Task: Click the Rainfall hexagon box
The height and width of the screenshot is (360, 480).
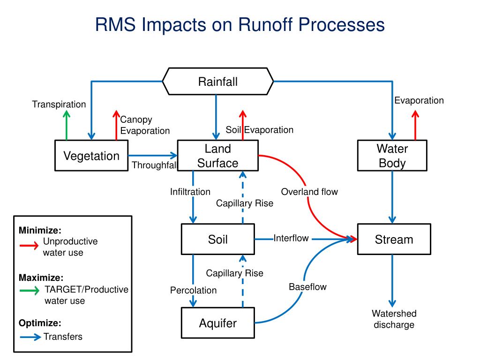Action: click(x=217, y=82)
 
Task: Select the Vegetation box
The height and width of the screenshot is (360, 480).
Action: click(x=91, y=156)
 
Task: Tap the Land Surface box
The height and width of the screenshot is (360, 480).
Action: click(x=217, y=156)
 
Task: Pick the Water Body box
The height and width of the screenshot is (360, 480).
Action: click(x=392, y=156)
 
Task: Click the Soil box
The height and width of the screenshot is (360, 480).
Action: click(x=217, y=239)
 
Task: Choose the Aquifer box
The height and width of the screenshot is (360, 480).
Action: click(x=217, y=322)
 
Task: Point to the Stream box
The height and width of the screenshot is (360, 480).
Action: click(x=394, y=239)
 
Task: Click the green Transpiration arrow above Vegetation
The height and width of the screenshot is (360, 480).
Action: click(x=67, y=125)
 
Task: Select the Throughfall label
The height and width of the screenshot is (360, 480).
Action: click(x=154, y=165)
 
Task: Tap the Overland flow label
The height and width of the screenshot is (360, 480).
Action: click(x=309, y=192)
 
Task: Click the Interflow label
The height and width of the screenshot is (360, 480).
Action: click(x=291, y=238)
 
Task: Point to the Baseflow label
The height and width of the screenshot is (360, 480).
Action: click(x=307, y=286)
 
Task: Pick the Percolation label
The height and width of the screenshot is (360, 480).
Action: click(x=193, y=290)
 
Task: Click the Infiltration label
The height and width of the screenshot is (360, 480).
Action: click(x=190, y=192)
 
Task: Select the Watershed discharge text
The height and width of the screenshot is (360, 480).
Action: click(x=394, y=319)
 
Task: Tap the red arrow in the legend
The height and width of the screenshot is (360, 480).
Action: click(x=29, y=245)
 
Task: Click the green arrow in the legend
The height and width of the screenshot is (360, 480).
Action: click(x=30, y=290)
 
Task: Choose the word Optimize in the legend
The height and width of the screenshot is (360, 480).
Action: click(x=40, y=323)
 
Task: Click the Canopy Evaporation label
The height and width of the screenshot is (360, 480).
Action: click(x=145, y=125)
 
